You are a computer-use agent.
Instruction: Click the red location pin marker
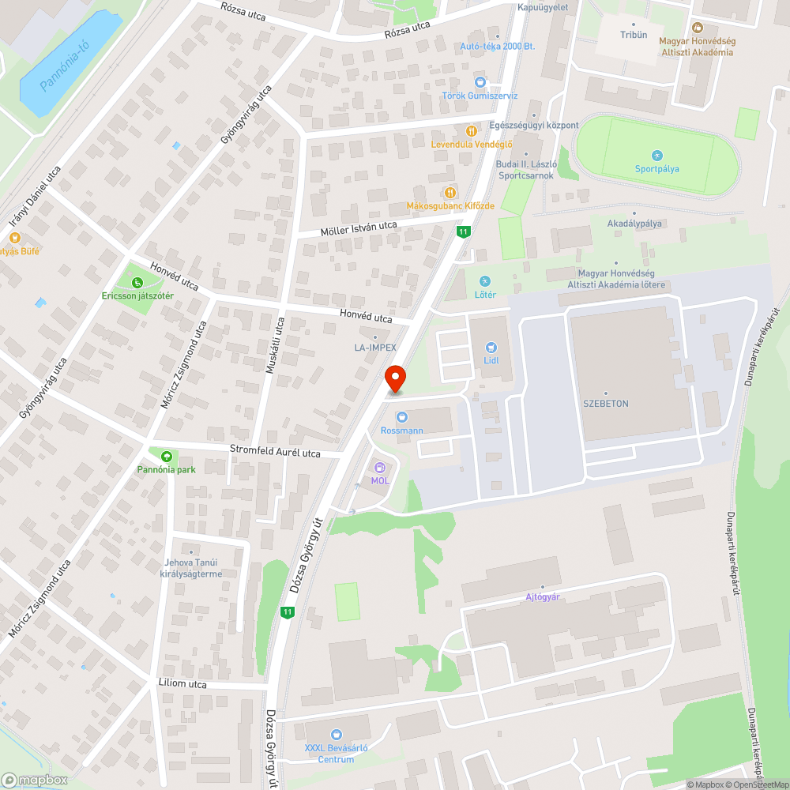[x=394, y=378]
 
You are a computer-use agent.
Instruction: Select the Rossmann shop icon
[x=402, y=416]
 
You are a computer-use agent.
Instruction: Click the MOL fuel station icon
[x=379, y=468]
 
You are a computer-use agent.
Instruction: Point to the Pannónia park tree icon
[x=166, y=456]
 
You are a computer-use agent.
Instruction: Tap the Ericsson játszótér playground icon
[x=137, y=282]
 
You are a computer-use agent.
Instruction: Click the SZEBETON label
[x=606, y=403]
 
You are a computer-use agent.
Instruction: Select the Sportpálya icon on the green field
[x=657, y=156]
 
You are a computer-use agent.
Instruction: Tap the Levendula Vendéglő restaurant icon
[x=472, y=130]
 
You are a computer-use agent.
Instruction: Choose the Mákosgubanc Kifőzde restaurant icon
[x=450, y=192]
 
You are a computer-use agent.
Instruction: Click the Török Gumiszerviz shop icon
[x=480, y=82]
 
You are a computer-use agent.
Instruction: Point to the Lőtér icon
[x=485, y=281]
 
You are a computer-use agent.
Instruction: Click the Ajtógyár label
[x=543, y=596]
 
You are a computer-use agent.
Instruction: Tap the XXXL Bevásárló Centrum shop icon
[x=336, y=735]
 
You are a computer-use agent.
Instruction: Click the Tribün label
[x=634, y=35]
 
